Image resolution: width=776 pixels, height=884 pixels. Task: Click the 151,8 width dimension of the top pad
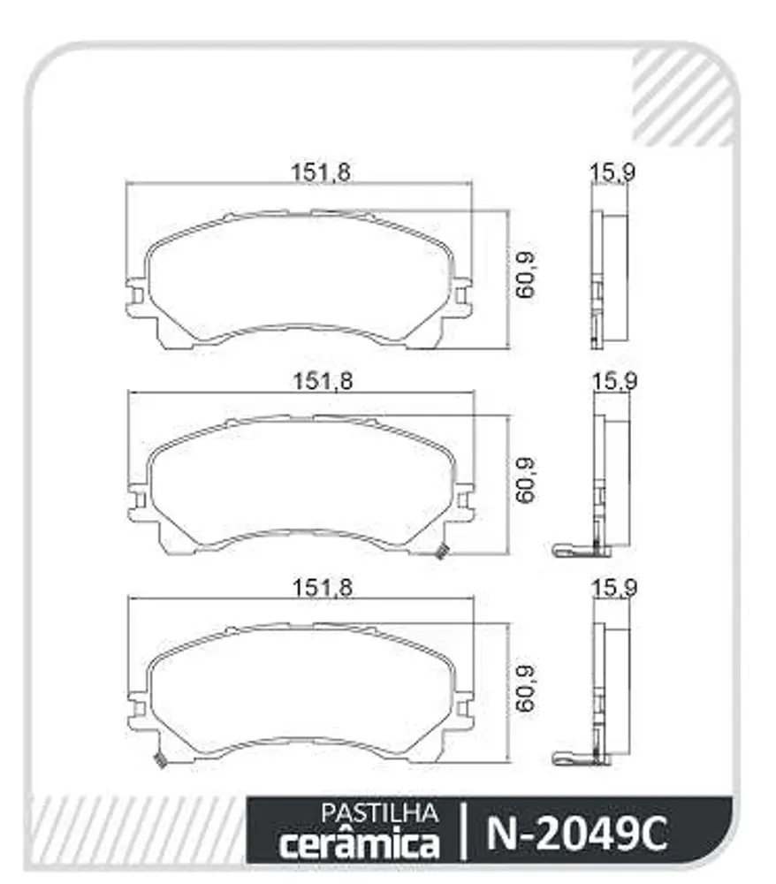point(321,172)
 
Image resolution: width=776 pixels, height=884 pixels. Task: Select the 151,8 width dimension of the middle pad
point(323,382)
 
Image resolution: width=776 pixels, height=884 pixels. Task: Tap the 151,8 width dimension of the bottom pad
point(323,588)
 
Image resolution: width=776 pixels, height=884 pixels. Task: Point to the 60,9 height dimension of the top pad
point(526,275)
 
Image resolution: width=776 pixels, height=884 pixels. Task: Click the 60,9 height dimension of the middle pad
point(526,480)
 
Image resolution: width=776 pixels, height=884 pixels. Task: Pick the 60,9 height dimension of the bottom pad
point(526,688)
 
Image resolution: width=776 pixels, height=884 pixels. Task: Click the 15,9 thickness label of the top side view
point(612,172)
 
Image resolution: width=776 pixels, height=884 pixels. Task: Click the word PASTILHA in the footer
point(379,813)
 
